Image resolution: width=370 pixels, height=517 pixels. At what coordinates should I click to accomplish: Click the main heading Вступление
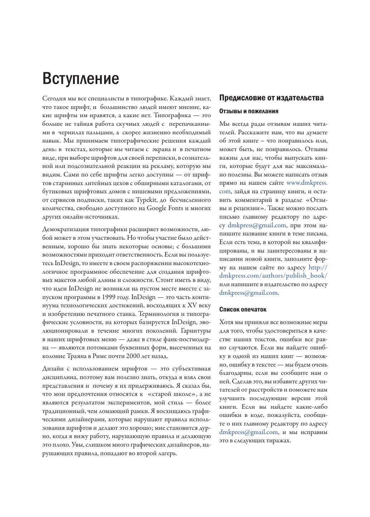[81, 78]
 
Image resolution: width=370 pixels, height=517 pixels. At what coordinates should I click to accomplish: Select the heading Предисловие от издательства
[271, 98]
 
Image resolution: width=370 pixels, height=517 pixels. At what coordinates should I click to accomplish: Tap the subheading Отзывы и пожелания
[249, 111]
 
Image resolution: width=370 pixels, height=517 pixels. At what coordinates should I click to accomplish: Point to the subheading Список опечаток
[243, 309]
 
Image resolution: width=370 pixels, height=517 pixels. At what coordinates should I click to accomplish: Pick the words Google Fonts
[165, 208]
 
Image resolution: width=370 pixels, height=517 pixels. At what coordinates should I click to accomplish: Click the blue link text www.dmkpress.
[307, 183]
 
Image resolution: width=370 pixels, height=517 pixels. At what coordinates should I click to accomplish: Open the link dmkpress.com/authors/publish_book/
[273, 276]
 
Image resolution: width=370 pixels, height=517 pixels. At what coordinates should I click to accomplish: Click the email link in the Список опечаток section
[249, 432]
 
